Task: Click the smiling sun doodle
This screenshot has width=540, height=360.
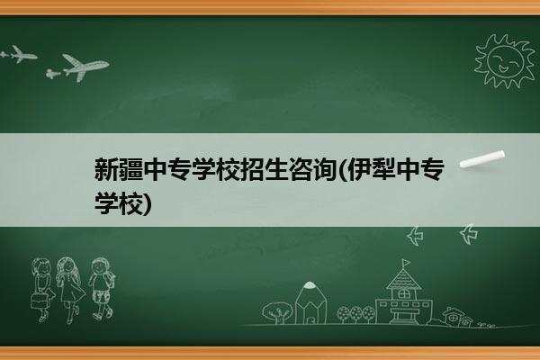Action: (504, 61)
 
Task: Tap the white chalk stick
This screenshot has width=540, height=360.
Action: (482, 159)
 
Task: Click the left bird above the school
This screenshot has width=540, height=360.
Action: (415, 236)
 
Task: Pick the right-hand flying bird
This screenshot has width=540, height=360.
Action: (469, 234)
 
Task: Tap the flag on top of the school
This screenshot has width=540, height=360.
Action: (407, 263)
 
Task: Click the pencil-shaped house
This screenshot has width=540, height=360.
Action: (310, 303)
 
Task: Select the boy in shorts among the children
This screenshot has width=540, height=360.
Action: (102, 289)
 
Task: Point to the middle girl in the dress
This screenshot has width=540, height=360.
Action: (70, 290)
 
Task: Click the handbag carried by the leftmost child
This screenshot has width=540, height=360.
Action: (39, 301)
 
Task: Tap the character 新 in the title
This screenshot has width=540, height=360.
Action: (106, 169)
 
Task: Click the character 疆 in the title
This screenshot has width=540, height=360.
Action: (130, 169)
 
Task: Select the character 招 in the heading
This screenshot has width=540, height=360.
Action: (252, 169)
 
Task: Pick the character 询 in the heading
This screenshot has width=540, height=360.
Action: (325, 169)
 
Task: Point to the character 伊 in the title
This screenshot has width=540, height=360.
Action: (359, 169)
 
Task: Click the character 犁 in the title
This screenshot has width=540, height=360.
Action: (383, 169)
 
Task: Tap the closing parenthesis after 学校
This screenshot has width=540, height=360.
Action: (147, 204)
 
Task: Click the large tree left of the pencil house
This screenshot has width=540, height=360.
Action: (277, 312)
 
